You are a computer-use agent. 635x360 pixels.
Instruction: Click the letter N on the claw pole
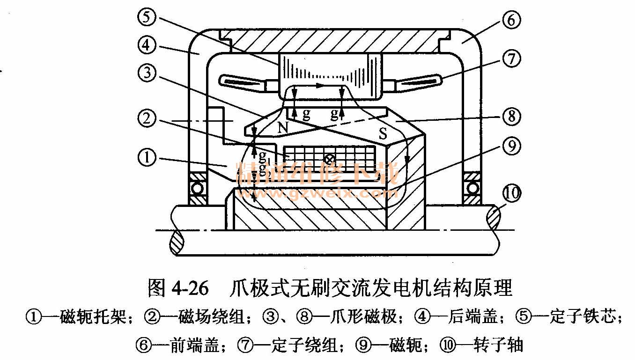(x=283, y=128)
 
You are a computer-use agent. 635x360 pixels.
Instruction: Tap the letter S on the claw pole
(x=383, y=135)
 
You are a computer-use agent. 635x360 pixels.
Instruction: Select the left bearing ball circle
(x=197, y=189)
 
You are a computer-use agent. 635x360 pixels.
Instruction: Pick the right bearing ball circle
(x=472, y=189)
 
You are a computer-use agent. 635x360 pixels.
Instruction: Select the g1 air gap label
(x=264, y=155)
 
